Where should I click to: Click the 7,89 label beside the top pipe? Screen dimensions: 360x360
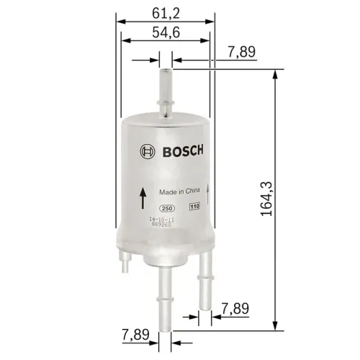tap(241, 51)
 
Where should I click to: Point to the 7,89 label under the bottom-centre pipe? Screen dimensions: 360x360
tap(135, 336)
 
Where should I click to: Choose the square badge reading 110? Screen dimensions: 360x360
tap(194, 207)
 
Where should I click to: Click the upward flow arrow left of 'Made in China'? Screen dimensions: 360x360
tap(144, 194)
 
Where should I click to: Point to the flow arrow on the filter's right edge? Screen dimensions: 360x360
tap(209, 191)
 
